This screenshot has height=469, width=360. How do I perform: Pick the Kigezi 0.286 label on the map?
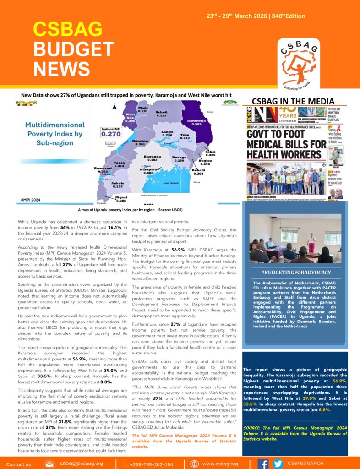click(121, 199)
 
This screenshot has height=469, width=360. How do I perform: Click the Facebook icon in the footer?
click(263, 464)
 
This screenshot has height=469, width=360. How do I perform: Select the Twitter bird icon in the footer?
click(278, 464)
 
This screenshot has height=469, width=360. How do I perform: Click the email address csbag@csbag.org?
click(81, 464)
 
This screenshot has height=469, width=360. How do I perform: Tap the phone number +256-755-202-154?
click(151, 464)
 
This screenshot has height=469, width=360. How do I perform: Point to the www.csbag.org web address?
click(220, 464)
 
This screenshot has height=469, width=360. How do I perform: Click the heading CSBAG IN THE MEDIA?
click(293, 101)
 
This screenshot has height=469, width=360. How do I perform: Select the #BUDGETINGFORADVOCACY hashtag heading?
click(295, 273)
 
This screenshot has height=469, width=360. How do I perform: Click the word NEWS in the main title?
click(62, 69)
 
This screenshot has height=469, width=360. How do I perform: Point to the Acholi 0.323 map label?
click(161, 114)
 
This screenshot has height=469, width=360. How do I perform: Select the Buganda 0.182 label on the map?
click(153, 158)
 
